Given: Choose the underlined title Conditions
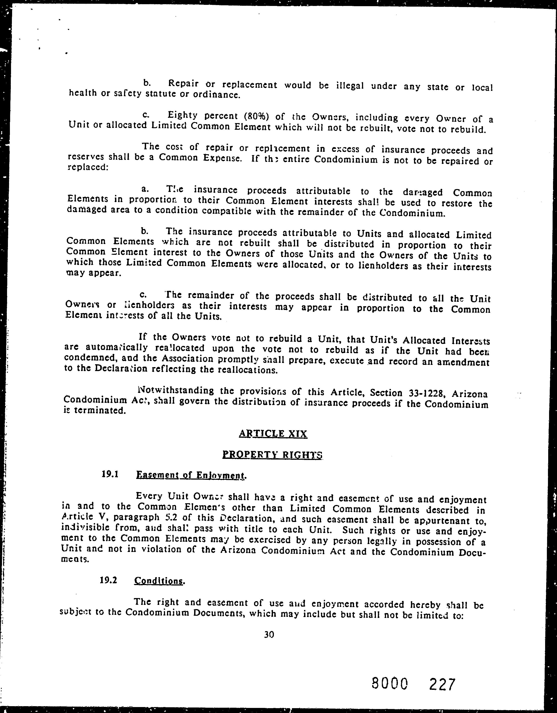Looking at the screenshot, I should tap(159, 581).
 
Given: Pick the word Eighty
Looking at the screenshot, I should tap(183, 115).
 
